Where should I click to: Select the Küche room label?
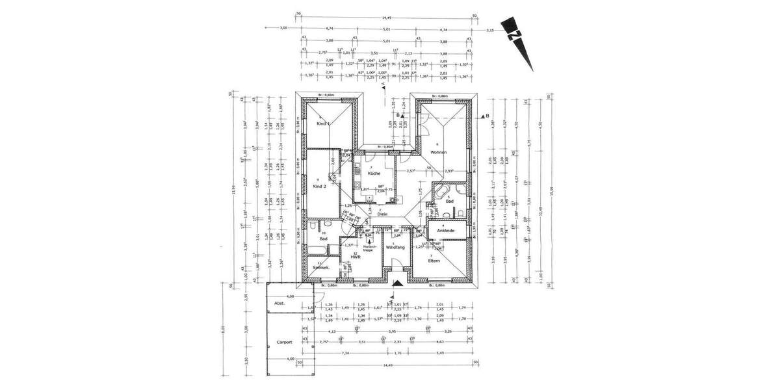(374, 174)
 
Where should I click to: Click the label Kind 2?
(319, 187)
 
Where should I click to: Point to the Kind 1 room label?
(323, 123)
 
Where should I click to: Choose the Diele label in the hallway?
(383, 214)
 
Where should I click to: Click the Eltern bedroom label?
(435, 260)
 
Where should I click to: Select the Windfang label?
(395, 248)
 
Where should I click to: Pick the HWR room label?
(356, 257)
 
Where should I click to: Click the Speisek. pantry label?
(321, 268)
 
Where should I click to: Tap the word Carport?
(283, 342)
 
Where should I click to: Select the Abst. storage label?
(279, 303)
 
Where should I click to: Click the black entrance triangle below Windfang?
(397, 282)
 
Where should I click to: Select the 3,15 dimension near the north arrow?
(491, 29)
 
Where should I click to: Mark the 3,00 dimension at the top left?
(283, 29)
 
